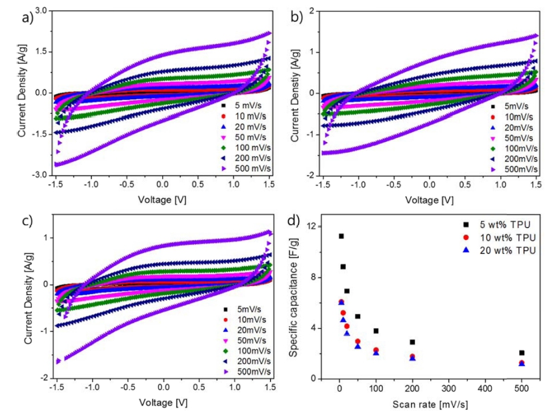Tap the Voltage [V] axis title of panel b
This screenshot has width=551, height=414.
(x=430, y=199)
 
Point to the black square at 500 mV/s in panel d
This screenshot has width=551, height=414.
(x=522, y=353)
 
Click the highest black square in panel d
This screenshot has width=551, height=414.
(x=341, y=236)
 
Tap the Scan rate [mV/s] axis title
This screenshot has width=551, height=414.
(x=430, y=405)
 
